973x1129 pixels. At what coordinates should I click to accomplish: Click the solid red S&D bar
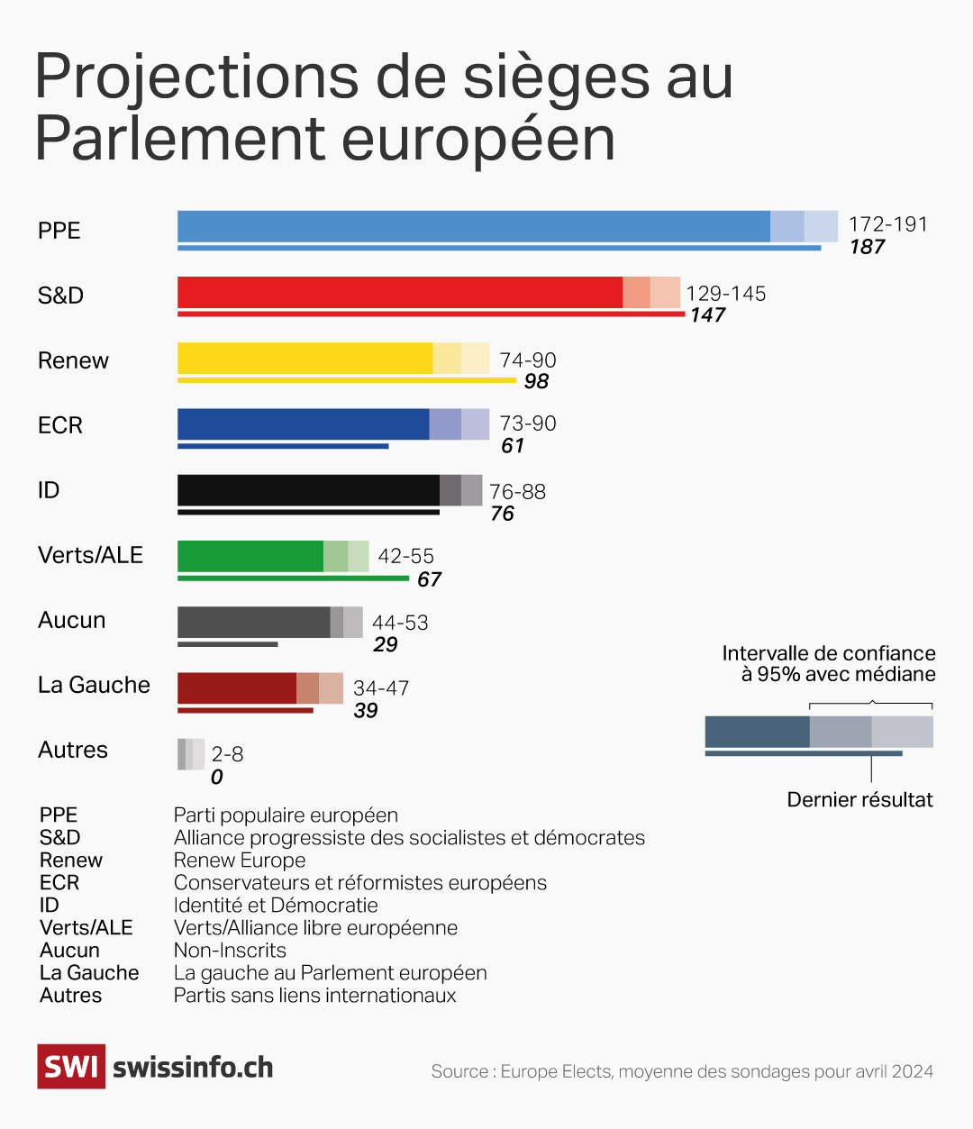click(x=400, y=293)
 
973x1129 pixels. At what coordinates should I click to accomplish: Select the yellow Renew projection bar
click(x=305, y=359)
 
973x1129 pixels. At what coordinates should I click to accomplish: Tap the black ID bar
click(x=308, y=490)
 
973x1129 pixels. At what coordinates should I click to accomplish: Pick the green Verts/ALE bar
click(x=250, y=556)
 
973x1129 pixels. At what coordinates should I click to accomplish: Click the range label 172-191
click(x=887, y=224)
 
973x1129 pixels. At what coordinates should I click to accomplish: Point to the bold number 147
click(x=708, y=315)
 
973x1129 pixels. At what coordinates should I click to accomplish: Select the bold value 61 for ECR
click(x=513, y=446)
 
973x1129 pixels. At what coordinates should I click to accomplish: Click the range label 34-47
click(x=381, y=688)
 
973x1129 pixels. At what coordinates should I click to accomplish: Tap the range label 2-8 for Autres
click(x=227, y=754)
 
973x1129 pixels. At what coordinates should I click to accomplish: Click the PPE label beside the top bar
click(x=59, y=231)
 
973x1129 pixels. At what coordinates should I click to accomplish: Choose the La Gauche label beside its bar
click(x=94, y=685)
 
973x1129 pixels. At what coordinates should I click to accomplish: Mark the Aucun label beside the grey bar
click(x=72, y=620)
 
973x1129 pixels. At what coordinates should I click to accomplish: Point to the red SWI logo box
click(x=71, y=1067)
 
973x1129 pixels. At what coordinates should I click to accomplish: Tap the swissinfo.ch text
click(x=193, y=1068)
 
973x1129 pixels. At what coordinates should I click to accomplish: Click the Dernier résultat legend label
click(x=859, y=800)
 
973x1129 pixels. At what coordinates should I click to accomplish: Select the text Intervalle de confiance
click(x=829, y=653)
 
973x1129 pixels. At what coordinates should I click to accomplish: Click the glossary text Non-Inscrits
click(x=230, y=951)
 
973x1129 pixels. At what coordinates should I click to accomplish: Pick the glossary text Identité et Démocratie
click(x=276, y=906)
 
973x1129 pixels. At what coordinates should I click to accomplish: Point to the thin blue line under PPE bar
click(x=499, y=248)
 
